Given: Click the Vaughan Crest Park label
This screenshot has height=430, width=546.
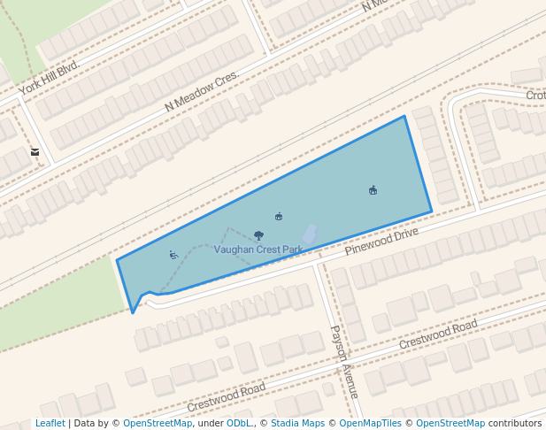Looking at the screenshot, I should point(258,250).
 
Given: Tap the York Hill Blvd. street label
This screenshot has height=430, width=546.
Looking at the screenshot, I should point(50,77).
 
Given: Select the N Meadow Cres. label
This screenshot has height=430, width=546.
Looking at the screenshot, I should point(202,91).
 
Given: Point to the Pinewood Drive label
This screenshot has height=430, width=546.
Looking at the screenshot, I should point(381,239).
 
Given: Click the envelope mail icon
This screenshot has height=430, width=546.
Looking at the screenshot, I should point(35,152).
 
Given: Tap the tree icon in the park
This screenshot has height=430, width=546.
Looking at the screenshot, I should point(258,235).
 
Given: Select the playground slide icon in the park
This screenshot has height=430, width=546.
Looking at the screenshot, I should point(173,255).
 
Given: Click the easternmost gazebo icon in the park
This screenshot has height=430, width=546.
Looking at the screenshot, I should point(373,190).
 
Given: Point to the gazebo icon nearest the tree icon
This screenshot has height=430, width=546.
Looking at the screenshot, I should point(279,216).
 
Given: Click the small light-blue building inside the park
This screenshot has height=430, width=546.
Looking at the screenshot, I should point(309,234).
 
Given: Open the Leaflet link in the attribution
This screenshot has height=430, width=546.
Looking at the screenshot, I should point(50,424).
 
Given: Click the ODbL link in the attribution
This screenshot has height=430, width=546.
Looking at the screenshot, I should point(239,424).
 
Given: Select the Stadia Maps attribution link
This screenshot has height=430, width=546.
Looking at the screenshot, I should point(298,424).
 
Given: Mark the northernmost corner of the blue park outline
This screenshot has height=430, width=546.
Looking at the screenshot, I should point(404,116).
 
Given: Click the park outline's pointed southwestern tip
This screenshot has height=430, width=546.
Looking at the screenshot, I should point(133,312).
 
